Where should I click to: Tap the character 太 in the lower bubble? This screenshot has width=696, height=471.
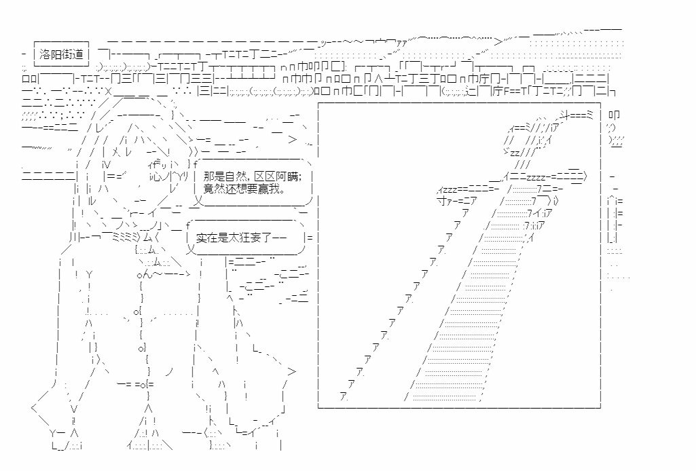(237, 238)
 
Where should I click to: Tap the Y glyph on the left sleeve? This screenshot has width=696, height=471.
(90, 274)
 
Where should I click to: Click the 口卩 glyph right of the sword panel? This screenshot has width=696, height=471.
(614, 115)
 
